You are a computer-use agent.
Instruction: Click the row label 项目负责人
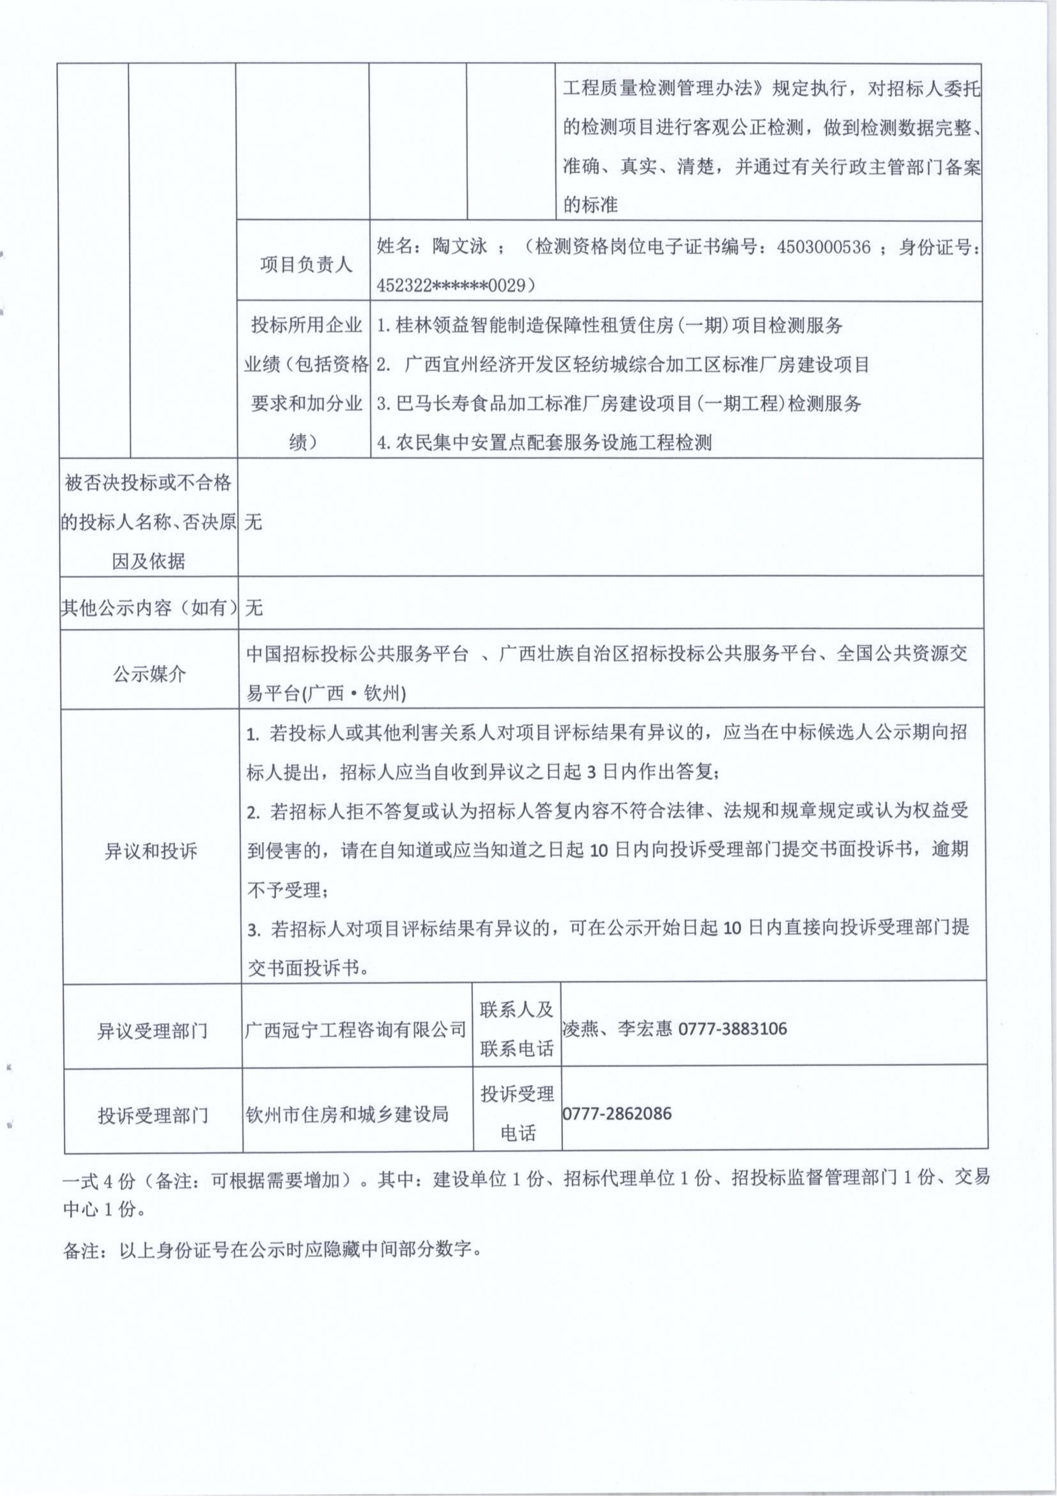(305, 264)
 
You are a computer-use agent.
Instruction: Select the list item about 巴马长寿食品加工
(619, 403)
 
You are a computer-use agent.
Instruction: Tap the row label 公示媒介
(150, 674)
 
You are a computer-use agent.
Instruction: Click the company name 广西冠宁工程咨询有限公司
(356, 1029)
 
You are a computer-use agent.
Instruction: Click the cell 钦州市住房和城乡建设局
(347, 1114)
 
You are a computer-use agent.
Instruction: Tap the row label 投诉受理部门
(153, 1115)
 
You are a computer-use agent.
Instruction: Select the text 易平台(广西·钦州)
(326, 694)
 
